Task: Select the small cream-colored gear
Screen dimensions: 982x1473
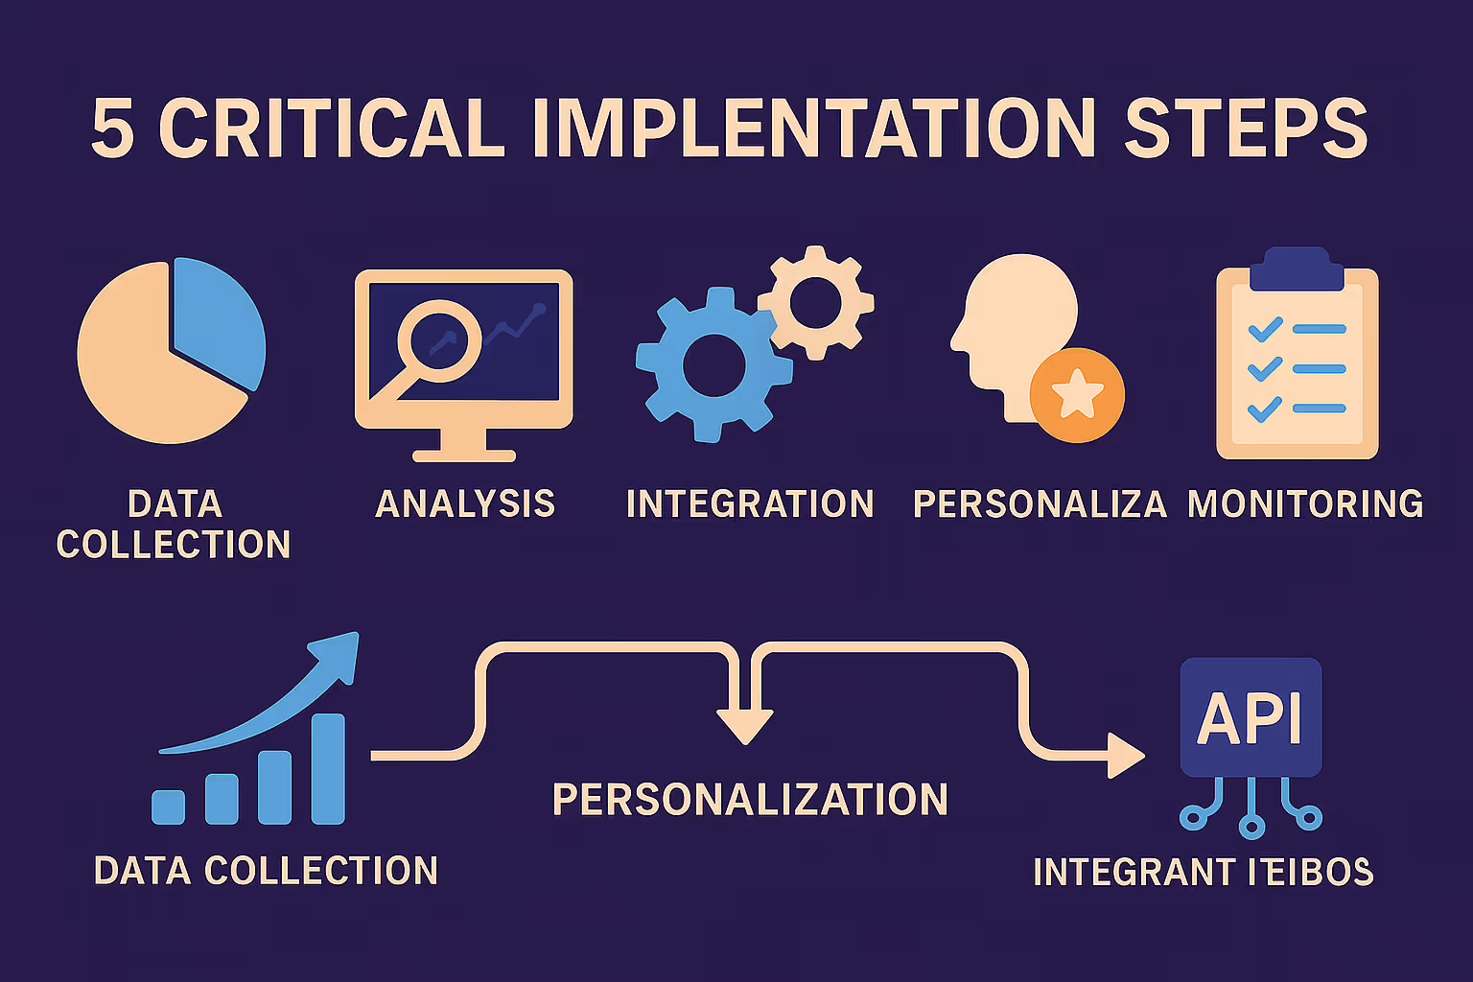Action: coord(816,302)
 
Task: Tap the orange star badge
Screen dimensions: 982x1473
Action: coord(1076,394)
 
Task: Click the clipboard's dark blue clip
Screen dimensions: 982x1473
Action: coord(1297,271)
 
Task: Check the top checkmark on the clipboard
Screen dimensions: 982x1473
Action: coord(1265,330)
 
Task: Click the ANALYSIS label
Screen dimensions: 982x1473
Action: coord(465,504)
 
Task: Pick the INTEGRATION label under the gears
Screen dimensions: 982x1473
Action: coord(750,504)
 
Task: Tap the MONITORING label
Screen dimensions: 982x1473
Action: coord(1305,504)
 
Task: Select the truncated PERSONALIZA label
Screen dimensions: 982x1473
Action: coord(1040,504)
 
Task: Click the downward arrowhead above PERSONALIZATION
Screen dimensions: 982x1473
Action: coord(745,726)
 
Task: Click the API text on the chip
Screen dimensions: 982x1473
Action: coord(1250,718)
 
